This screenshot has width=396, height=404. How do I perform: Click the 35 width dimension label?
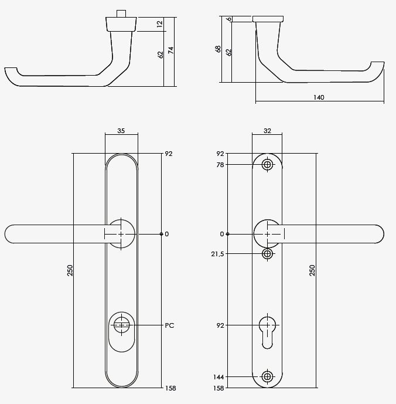(x=121, y=131)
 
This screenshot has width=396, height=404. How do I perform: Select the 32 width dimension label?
(x=267, y=131)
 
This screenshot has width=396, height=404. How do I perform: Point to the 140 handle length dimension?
(x=319, y=97)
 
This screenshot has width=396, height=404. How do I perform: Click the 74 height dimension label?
(x=171, y=51)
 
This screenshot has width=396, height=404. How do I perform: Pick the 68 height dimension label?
(x=218, y=49)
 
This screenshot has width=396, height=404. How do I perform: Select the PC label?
(x=170, y=325)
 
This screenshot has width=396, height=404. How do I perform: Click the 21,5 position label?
(x=217, y=254)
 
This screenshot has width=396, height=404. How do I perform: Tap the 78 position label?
(x=220, y=165)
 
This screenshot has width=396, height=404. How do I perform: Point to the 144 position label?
(x=218, y=377)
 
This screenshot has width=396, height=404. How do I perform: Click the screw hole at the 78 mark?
(x=268, y=165)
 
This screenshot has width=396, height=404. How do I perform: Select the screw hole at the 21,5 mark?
(x=268, y=254)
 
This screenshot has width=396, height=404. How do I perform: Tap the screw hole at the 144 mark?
(x=268, y=376)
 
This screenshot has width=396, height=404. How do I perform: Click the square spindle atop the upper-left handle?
(x=122, y=13)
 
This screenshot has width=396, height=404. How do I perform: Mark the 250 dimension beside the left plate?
(x=70, y=270)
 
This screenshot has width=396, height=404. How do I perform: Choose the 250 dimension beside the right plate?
(x=312, y=270)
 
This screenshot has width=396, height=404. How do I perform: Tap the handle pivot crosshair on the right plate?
(x=268, y=234)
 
